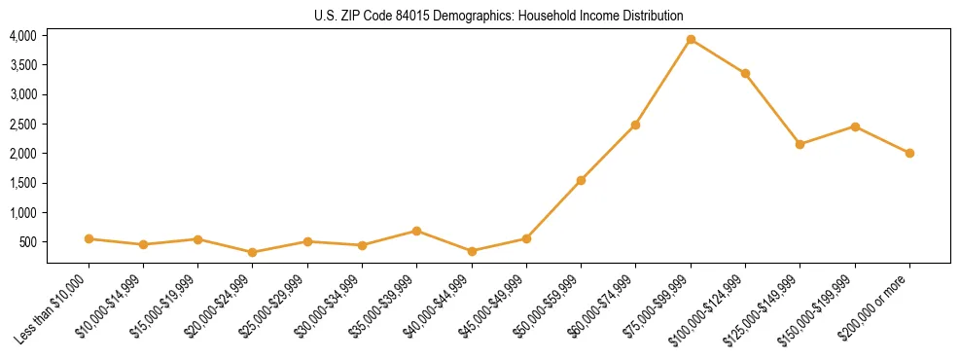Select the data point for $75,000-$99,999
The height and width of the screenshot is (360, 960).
691,40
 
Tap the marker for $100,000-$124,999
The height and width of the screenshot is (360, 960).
745,74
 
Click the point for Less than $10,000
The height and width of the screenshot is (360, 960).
89,238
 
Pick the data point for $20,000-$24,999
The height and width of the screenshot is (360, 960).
253,252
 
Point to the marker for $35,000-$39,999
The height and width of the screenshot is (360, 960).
416,231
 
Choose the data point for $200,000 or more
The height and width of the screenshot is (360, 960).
909,153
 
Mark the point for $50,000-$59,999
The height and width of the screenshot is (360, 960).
581,180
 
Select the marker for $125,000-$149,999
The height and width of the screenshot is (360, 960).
800,144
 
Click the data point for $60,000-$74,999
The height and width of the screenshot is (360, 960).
635,125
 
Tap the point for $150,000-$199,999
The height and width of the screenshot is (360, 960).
855,126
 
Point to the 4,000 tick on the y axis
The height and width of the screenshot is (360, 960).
22,36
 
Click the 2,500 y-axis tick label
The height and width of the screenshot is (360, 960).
22,125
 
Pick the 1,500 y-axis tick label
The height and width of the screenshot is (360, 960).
22,183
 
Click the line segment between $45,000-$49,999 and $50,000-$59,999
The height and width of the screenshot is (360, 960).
553,209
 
